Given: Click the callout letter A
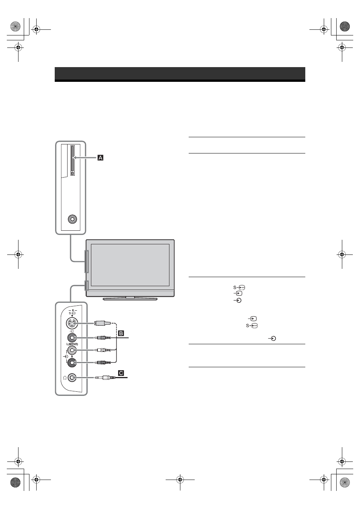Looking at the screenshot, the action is pyautogui.click(x=100, y=158).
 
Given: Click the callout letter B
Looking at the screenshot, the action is pyautogui.click(x=121, y=333).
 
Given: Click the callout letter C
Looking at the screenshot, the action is pyautogui.click(x=121, y=373).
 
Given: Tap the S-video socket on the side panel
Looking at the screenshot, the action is pyautogui.click(x=72, y=323).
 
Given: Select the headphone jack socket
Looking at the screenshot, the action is pyautogui.click(x=72, y=378).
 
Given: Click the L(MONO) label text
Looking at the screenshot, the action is pyautogui.click(x=72, y=344).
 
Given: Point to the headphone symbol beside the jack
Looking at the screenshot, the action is pyautogui.click(x=65, y=378).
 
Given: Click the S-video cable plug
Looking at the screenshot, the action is pyautogui.click(x=102, y=323).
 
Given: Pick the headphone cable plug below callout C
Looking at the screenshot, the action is pyautogui.click(x=106, y=378).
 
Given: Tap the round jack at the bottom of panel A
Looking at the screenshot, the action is pyautogui.click(x=72, y=219).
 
